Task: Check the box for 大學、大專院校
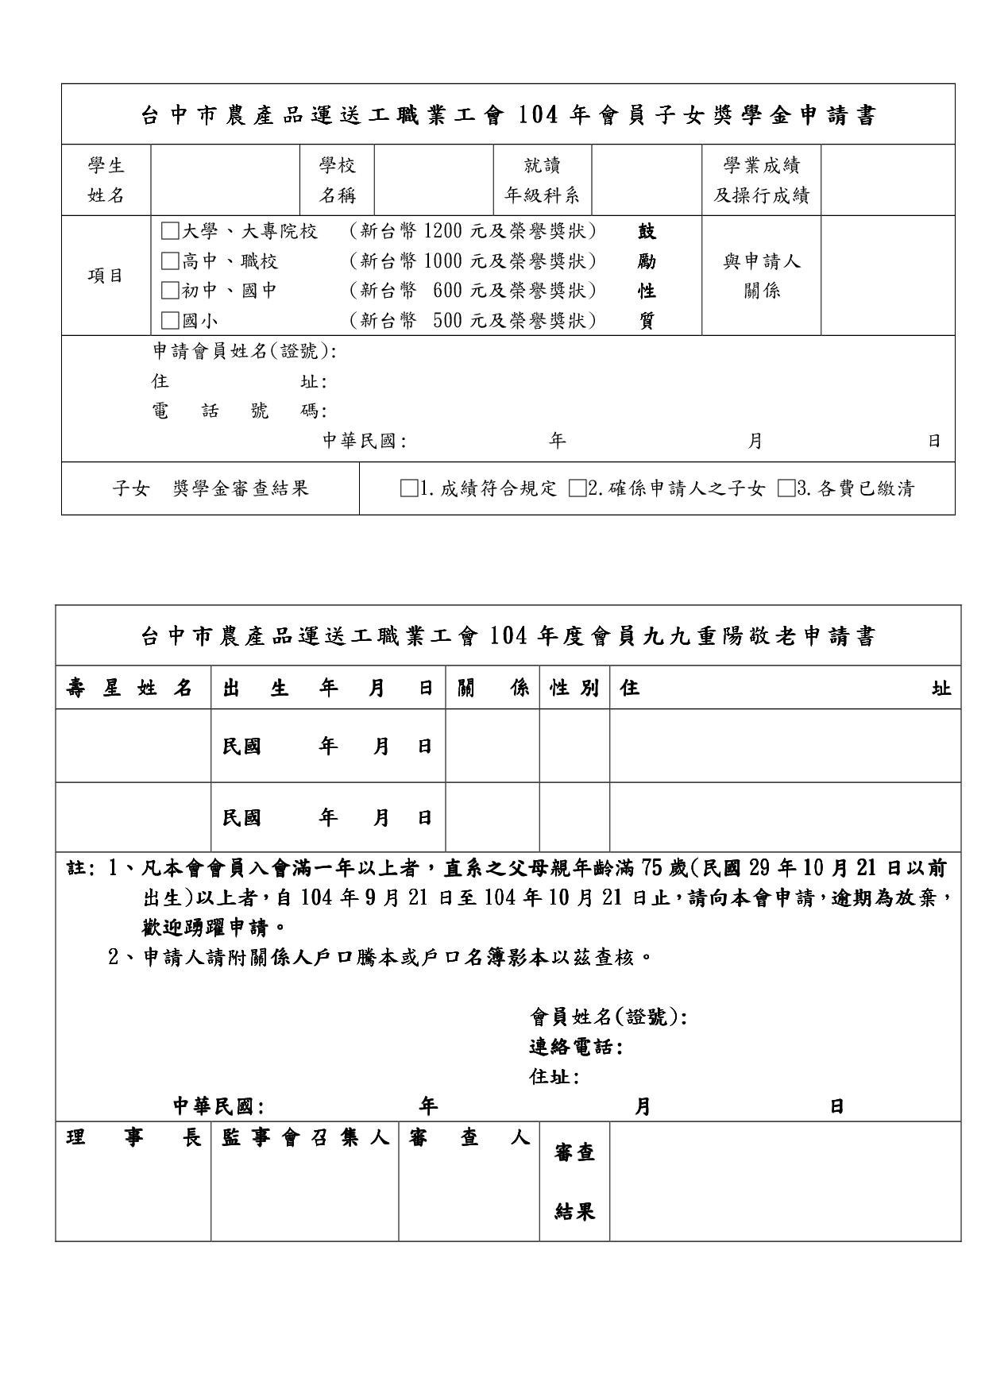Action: click(169, 232)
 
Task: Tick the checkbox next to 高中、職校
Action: click(169, 261)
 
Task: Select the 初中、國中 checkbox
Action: click(169, 291)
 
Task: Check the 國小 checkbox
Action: click(169, 321)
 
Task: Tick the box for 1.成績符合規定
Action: click(409, 488)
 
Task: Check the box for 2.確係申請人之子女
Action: click(577, 488)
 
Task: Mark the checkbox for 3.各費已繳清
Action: click(786, 488)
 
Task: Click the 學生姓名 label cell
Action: click(106, 180)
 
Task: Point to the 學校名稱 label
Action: click(337, 180)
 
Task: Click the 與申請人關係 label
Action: click(761, 276)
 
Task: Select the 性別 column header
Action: click(574, 688)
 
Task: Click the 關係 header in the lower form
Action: click(492, 688)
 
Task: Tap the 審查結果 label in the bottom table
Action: click(575, 1182)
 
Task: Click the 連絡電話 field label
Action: click(575, 1048)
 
